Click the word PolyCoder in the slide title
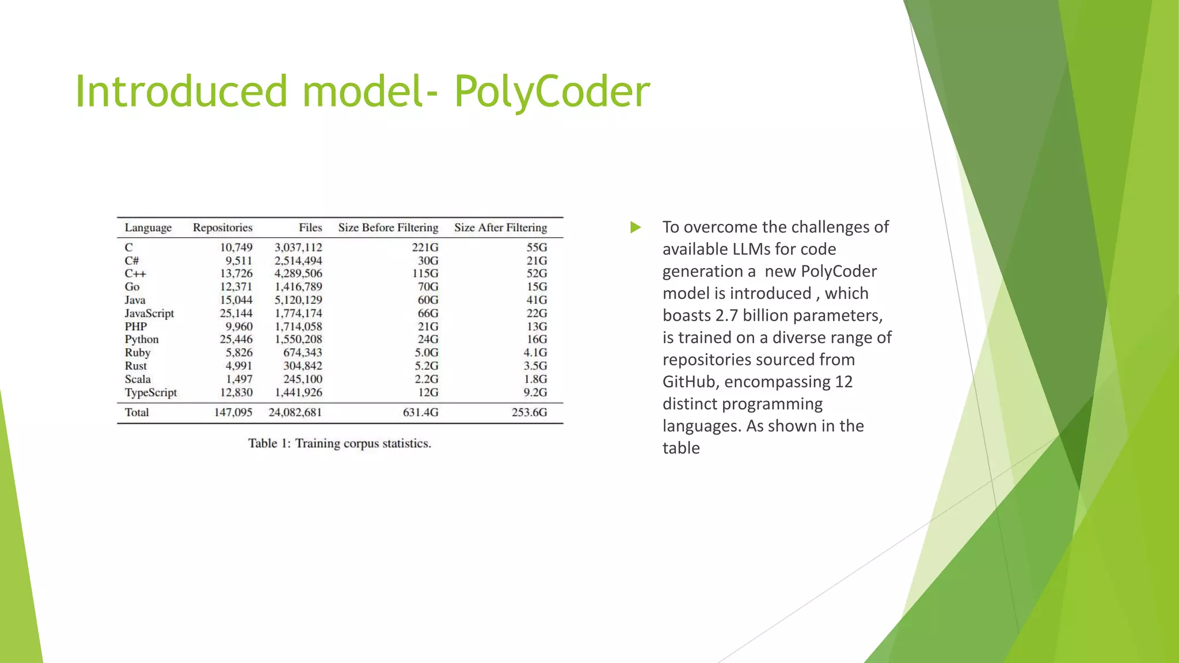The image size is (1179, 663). point(552,92)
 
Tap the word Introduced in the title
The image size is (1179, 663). point(181,92)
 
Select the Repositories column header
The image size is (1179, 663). point(222,228)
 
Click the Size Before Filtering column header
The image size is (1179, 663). point(388,228)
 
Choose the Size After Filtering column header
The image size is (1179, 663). point(500,228)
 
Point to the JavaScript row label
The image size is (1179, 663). point(149,314)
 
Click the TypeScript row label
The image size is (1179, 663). point(151,393)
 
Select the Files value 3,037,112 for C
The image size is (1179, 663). point(298,247)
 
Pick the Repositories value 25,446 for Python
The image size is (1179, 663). point(236,340)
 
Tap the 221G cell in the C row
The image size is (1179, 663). point(425,247)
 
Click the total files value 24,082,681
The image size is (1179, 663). point(295,413)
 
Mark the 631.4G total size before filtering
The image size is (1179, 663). point(420,413)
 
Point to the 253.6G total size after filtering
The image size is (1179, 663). point(529,413)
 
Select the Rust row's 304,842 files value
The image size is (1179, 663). point(302,366)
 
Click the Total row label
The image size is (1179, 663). point(136,413)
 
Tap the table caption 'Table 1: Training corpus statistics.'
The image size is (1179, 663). point(340,444)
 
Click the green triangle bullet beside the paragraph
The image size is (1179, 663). point(636,227)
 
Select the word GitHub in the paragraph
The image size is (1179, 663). point(689,382)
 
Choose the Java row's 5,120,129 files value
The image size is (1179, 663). point(298,300)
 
